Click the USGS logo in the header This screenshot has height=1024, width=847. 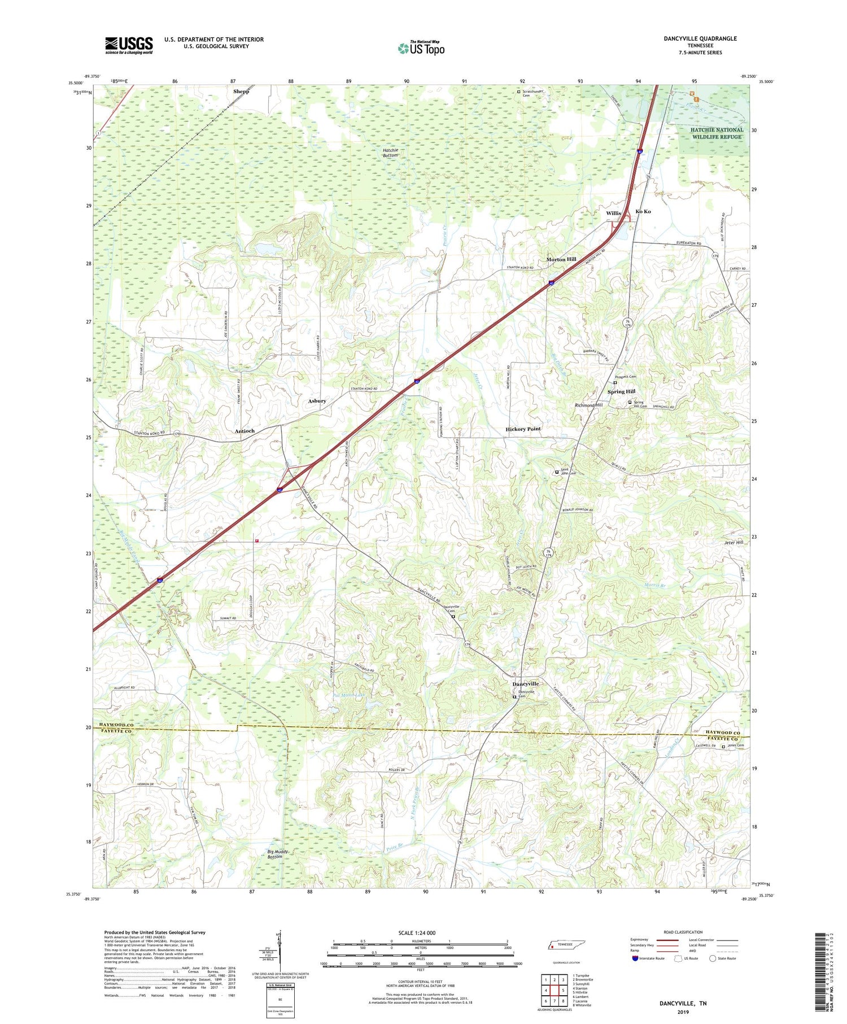129,45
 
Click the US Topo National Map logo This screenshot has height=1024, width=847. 421,47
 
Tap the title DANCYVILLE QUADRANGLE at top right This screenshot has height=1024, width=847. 700,38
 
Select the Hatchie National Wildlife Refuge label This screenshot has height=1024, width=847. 717,133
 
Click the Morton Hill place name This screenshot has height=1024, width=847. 561,259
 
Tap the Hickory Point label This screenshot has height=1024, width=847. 523,429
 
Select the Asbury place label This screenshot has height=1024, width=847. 317,401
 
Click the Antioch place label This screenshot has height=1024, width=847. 245,431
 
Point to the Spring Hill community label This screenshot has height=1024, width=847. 621,391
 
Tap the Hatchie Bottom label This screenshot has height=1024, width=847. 390,152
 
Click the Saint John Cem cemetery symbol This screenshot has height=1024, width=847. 557,472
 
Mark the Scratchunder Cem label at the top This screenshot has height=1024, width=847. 528,93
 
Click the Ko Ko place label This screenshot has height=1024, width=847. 643,211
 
